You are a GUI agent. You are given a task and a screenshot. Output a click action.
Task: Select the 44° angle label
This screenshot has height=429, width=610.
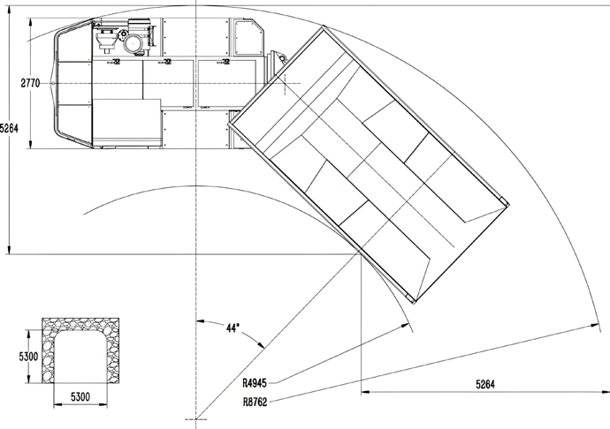click(233, 327)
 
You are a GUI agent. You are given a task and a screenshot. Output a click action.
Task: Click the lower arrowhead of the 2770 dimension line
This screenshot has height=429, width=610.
click(30, 144)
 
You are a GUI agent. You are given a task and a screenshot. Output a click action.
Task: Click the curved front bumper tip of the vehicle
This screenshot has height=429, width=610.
click(55, 84)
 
